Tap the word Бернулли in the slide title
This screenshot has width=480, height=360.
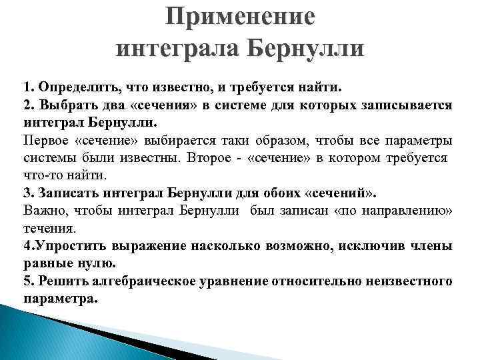(312, 48)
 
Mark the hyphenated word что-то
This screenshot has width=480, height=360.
(41, 175)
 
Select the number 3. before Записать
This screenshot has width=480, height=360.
(28, 193)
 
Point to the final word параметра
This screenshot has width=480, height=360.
(60, 298)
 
